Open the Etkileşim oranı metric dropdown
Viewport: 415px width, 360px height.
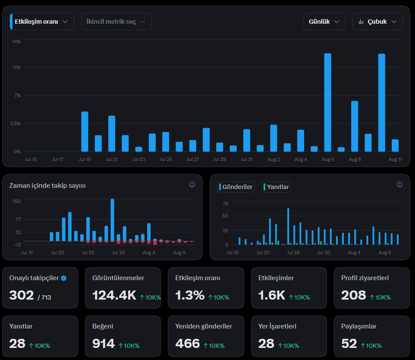(42, 22)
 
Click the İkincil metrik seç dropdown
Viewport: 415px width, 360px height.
(116, 22)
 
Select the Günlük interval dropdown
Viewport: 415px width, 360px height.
(324, 22)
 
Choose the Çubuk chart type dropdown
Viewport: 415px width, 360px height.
(377, 22)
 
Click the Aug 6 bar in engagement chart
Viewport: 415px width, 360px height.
(328, 102)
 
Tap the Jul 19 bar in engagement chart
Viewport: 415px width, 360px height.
(85, 132)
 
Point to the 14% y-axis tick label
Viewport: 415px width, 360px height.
(16, 41)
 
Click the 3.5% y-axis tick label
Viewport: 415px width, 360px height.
(16, 123)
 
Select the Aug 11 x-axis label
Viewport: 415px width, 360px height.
(395, 159)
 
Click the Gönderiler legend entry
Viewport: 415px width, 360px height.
(236, 187)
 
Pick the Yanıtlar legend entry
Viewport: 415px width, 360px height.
(276, 187)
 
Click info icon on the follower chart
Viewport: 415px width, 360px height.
(192, 185)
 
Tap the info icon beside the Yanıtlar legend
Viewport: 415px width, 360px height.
(399, 185)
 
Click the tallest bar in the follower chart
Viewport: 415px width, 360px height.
(113, 220)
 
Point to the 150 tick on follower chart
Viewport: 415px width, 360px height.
(17, 201)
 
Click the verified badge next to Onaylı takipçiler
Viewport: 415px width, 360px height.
(64, 278)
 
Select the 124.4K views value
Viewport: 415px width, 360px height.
(114, 295)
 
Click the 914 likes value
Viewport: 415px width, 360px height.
(104, 344)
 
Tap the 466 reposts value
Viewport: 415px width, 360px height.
(187, 344)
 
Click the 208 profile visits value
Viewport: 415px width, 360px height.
(354, 295)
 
